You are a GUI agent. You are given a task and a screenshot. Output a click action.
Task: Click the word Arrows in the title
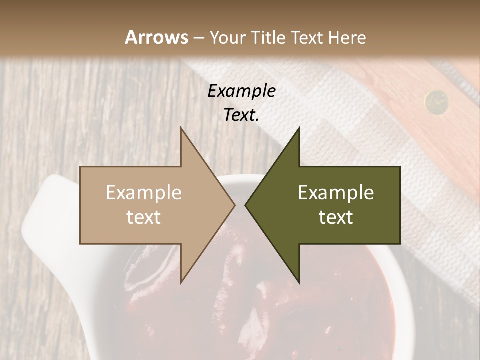pos(156,37)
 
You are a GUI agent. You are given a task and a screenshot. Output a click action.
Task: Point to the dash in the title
pos(198,38)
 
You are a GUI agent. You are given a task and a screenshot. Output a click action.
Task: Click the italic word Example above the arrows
pos(242,91)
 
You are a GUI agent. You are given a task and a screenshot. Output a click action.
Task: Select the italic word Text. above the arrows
pos(242,115)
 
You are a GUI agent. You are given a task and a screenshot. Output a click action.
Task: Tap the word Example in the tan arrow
pos(144,193)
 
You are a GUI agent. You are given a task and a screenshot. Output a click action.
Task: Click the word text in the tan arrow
pos(144,217)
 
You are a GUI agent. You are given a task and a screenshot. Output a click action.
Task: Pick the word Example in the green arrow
pos(336,193)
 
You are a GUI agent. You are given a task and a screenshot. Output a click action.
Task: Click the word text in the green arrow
pos(336,217)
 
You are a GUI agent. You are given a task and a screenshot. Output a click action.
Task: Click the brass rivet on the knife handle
pos(436,101)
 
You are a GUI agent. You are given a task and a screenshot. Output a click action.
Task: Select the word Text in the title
pos(310,37)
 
